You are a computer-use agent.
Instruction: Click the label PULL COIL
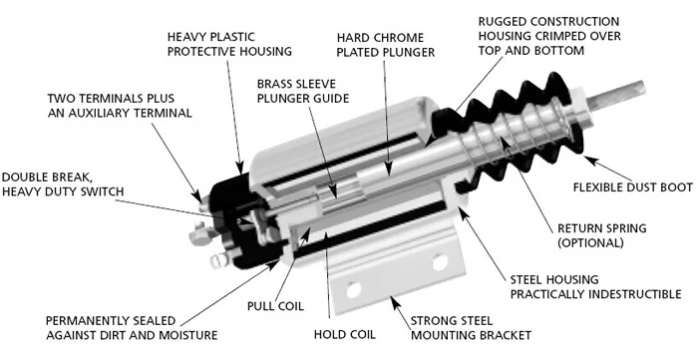(x=275, y=306)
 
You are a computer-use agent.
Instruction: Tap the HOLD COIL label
(x=345, y=334)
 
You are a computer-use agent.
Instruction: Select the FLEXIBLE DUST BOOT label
(x=632, y=187)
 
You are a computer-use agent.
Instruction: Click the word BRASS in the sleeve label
(x=274, y=84)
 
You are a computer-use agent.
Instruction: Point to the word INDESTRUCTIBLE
(x=635, y=294)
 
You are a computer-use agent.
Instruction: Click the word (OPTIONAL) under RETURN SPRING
(x=590, y=242)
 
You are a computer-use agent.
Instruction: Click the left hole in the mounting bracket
(x=353, y=290)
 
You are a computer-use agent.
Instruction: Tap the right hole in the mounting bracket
(x=440, y=261)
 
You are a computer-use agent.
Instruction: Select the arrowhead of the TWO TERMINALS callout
(x=196, y=196)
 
